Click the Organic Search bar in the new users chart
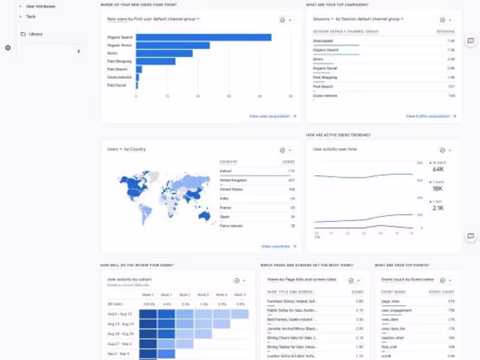pyautogui.click(x=203, y=37)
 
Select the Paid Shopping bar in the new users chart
pyautogui.click(x=155, y=61)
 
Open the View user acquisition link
pyautogui.click(x=272, y=116)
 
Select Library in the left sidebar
pyautogui.click(x=35, y=34)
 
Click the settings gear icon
pyautogui.click(x=8, y=47)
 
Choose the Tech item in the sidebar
pyautogui.click(x=31, y=16)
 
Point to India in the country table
pyautogui.click(x=224, y=198)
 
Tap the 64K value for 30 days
pyautogui.click(x=437, y=170)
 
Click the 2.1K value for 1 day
pyautogui.click(x=437, y=208)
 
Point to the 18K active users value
pyautogui.click(x=437, y=189)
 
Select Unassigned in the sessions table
pyautogui.click(x=323, y=41)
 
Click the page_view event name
pyautogui.click(x=391, y=301)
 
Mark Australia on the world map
pyautogui.click(x=204, y=215)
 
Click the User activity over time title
pyautogui.click(x=335, y=149)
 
